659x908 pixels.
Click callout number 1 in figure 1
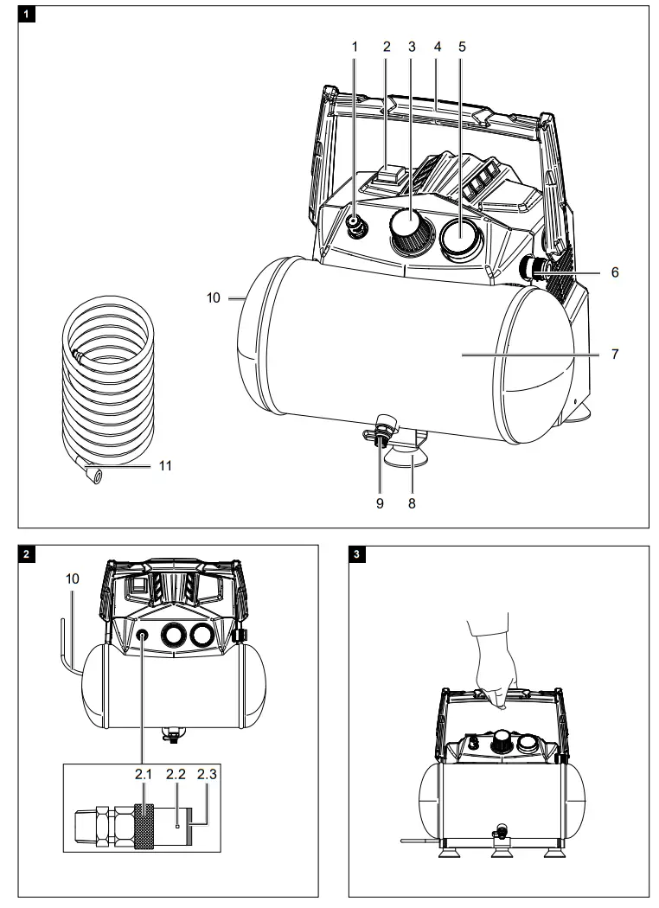[x=355, y=47]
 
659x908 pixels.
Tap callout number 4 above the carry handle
[x=438, y=47]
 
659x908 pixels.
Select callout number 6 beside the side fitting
[x=615, y=272]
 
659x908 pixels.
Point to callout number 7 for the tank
[x=615, y=355]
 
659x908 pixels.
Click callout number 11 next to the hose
[x=165, y=465]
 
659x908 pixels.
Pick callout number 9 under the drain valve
[x=379, y=503]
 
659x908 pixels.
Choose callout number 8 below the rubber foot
[x=413, y=503]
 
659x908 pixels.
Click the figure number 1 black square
[x=29, y=15]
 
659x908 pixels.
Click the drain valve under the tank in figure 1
[x=381, y=430]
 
